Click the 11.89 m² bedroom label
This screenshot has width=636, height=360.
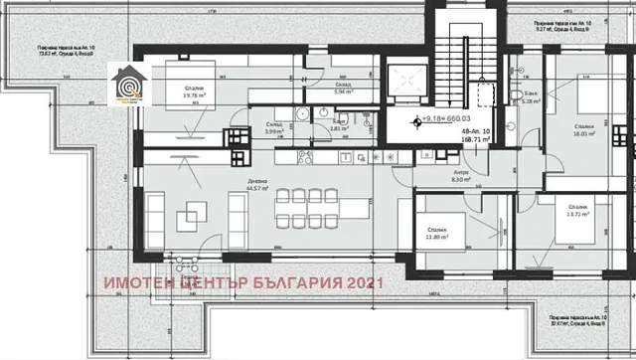click(x=436, y=235)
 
